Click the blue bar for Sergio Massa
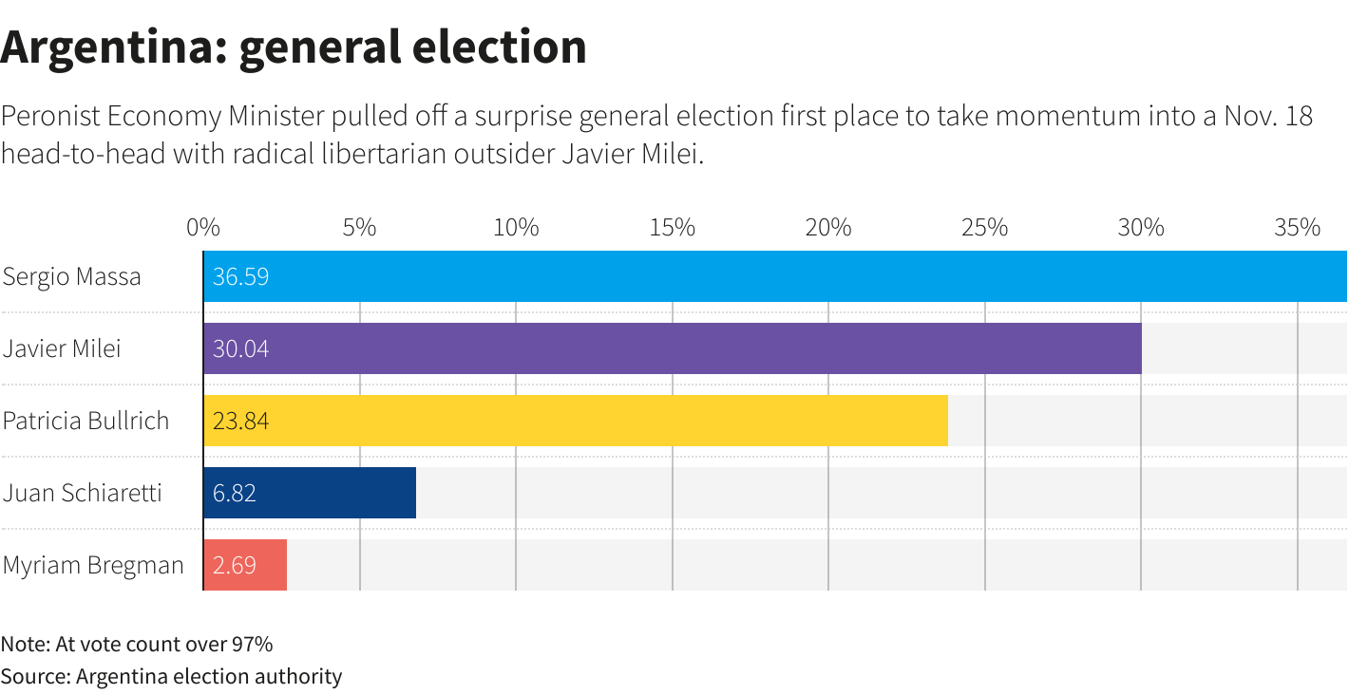point(774,276)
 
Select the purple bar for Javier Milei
point(672,348)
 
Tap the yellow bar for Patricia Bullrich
point(575,421)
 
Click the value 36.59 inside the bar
point(240,277)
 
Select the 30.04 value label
point(240,349)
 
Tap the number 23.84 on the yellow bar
point(240,422)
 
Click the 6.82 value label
point(235,494)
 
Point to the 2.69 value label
point(235,566)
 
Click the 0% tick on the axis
point(203,228)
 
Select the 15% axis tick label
point(672,228)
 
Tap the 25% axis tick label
point(984,228)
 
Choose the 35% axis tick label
point(1297,228)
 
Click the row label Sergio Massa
point(72,277)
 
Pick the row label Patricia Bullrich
point(86,422)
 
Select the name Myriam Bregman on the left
point(93,566)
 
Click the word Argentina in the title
point(111,47)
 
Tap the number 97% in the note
point(252,645)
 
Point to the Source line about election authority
point(171,677)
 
